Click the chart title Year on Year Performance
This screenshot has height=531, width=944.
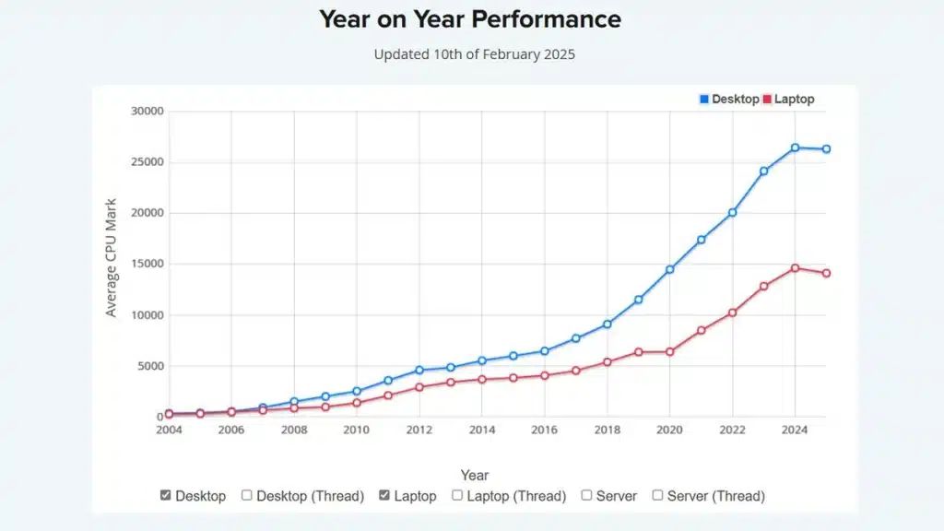click(469, 19)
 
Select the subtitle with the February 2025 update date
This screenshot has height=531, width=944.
click(475, 54)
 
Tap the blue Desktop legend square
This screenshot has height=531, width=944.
click(703, 99)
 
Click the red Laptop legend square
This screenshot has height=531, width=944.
click(767, 99)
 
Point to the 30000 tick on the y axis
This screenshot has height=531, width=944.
click(147, 111)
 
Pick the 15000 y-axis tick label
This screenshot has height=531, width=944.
click(147, 264)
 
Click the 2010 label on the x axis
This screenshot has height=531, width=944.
click(357, 430)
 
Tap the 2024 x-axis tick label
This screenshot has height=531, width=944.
click(795, 430)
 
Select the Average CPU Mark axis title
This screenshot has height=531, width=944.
click(111, 258)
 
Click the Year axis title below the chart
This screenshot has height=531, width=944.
click(475, 475)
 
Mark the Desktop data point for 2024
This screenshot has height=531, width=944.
click(796, 147)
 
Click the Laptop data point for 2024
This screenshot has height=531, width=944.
click(796, 268)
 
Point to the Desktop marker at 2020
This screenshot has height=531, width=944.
click(670, 270)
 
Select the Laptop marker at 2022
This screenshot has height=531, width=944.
click(733, 313)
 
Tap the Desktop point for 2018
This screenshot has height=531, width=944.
click(608, 324)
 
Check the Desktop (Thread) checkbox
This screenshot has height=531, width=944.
click(247, 495)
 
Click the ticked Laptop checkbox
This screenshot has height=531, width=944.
click(384, 495)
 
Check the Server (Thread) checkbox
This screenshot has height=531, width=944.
click(657, 495)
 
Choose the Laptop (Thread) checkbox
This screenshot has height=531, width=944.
click(457, 495)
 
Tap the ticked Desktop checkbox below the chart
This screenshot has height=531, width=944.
click(166, 495)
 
